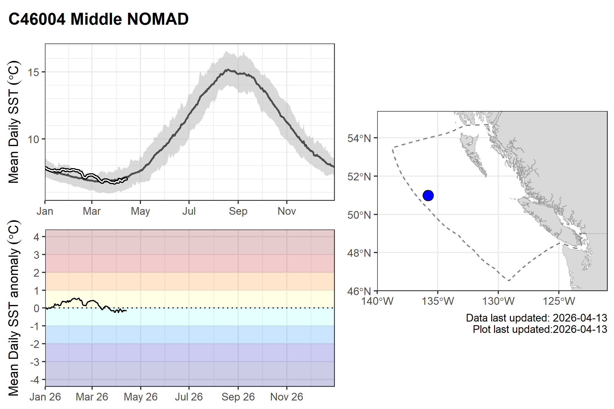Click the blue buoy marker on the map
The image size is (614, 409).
(x=428, y=195)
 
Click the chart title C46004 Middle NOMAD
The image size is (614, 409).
(x=98, y=19)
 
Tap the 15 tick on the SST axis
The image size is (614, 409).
(x=33, y=72)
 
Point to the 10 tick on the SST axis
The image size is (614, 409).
(x=33, y=139)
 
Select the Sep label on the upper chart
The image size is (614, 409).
(x=238, y=211)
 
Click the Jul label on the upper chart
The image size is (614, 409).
(x=189, y=211)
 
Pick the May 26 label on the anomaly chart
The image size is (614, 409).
(x=140, y=397)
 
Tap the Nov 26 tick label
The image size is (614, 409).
(x=287, y=397)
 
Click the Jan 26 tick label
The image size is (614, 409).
(x=45, y=397)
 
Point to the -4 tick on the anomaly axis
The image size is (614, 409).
(x=35, y=379)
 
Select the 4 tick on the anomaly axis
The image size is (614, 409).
(x=36, y=237)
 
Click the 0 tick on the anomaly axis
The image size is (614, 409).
(x=36, y=308)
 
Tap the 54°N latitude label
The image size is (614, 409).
(x=359, y=138)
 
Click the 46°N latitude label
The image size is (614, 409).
(x=359, y=291)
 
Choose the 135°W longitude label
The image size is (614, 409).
(x=438, y=301)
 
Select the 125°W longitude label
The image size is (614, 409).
(x=559, y=301)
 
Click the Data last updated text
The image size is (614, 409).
(x=536, y=318)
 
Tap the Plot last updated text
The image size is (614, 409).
(x=540, y=329)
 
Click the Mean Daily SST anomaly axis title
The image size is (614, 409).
(x=13, y=308)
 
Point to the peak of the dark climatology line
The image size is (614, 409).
(x=227, y=69)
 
